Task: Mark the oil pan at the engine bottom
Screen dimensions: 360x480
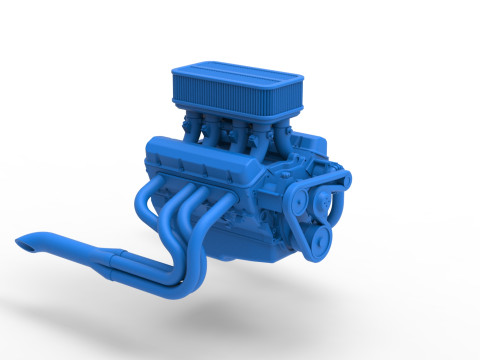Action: (250, 245)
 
